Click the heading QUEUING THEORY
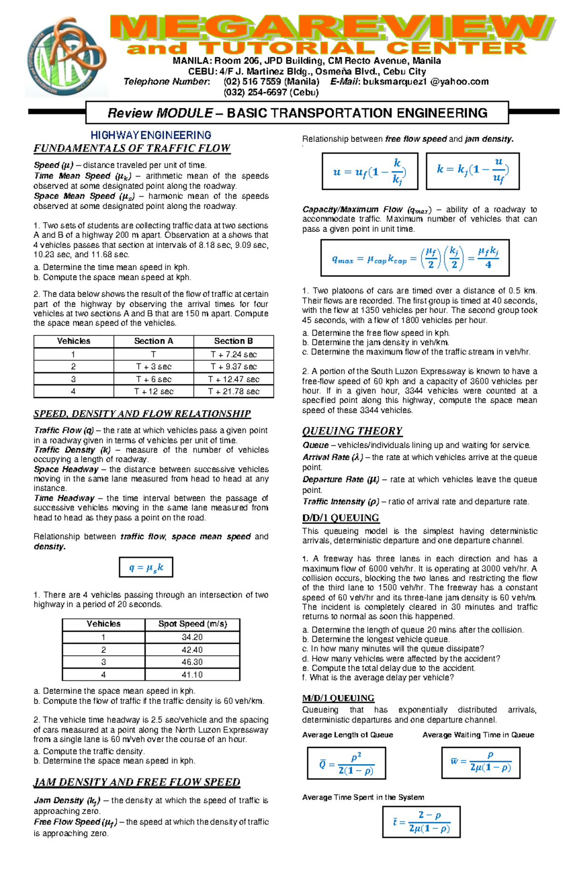tap(352, 431)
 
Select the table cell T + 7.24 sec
tap(234, 354)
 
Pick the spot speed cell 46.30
tap(192, 662)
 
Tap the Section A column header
tap(153, 341)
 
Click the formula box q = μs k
tap(146, 567)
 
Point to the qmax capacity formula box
tap(415, 258)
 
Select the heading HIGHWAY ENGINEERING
tap(151, 135)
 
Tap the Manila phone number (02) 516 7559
tap(271, 82)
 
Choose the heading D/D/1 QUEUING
tap(340, 518)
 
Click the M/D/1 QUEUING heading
tap(338, 698)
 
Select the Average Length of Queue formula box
tap(346, 763)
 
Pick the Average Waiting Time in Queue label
tap(478, 735)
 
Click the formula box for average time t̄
tap(421, 822)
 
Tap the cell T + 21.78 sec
tap(234, 392)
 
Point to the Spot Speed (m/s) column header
tap(192, 624)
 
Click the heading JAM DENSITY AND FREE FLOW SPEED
tap(137, 782)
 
